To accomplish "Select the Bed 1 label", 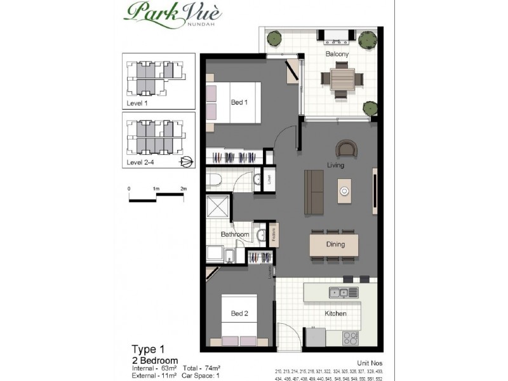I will coord(238,102).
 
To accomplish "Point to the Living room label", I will coord(335,166).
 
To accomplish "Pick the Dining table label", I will coord(335,244).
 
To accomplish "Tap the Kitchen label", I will coord(335,314).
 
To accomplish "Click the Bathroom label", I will coord(234,235).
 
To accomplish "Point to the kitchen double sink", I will coord(338,293).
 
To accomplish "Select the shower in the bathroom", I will coord(218,208).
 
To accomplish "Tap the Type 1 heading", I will coord(148,349).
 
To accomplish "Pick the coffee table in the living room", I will coord(345,191).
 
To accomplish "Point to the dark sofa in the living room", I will coord(313,191).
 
